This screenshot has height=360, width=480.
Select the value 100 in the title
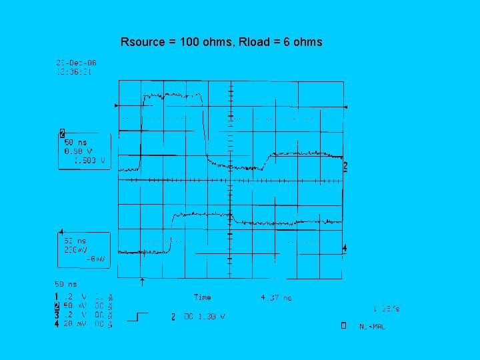(x=190, y=42)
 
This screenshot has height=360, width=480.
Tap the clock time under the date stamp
(x=73, y=71)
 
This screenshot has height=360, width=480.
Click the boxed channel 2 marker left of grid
(x=62, y=133)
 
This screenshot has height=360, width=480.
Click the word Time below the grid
(x=202, y=297)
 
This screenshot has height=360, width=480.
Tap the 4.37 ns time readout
(x=276, y=298)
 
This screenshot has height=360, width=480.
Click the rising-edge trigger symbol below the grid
(x=137, y=317)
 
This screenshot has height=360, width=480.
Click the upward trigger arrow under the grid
(x=143, y=283)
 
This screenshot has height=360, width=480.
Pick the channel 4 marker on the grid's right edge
(x=345, y=249)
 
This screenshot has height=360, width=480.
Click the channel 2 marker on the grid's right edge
(x=345, y=166)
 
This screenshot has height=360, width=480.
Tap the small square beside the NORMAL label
(x=343, y=326)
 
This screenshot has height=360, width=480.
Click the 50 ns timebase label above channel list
(x=65, y=284)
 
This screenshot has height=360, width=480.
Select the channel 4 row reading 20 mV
(x=73, y=325)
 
